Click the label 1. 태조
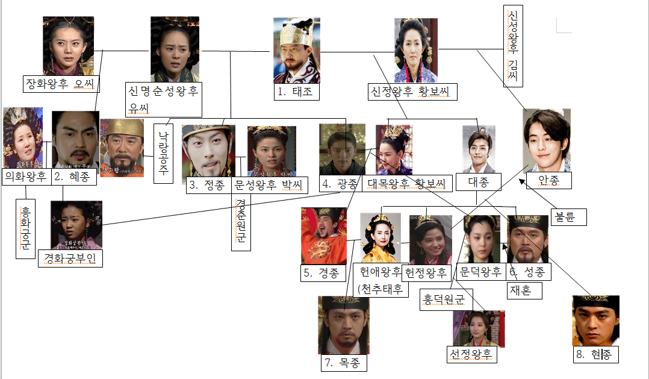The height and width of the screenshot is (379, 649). point(295,92)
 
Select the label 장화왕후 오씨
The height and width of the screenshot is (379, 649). point(61,83)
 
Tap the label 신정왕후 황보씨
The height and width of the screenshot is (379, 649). point(412,92)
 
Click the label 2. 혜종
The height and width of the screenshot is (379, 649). point(73,177)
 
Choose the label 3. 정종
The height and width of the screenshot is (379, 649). point(208,185)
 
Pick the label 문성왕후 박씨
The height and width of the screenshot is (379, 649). point(270,185)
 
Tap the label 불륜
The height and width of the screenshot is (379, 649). point(568,217)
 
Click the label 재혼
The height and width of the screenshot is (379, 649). point(524,291)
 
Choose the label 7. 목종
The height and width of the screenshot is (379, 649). point(344,363)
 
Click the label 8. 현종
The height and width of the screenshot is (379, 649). point(596,355)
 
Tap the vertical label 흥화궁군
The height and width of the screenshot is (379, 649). point(25,228)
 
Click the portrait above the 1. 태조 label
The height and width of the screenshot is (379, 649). point(296,50)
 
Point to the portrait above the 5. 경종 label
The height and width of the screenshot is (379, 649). point(324,236)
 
